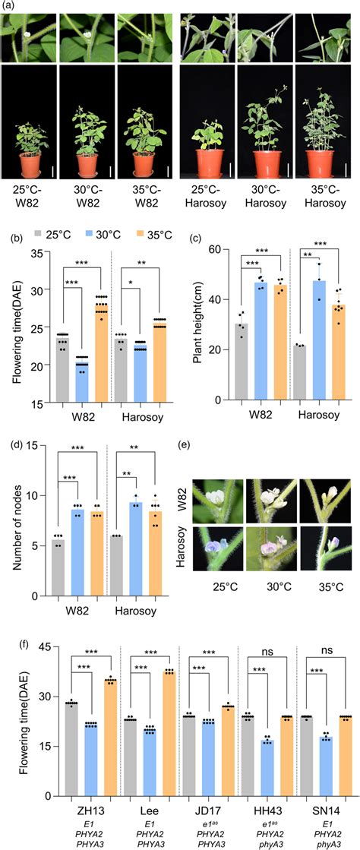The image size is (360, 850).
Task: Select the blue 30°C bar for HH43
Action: point(265,767)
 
